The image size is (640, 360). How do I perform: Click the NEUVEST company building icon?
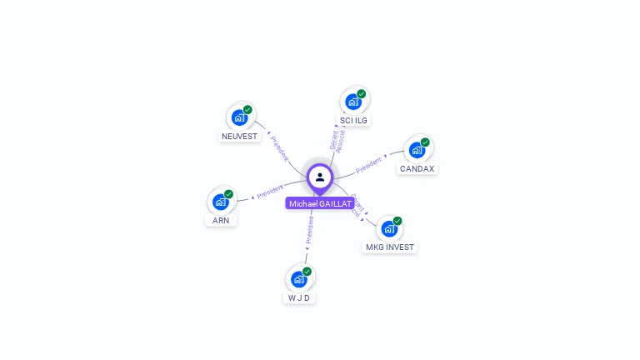(x=240, y=117)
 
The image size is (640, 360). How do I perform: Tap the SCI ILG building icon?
(x=353, y=102)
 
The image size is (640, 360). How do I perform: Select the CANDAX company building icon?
(x=417, y=150)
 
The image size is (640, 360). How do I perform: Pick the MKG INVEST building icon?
(x=388, y=228)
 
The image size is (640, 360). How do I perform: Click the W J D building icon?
(x=298, y=279)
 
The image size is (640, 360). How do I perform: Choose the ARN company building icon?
(x=221, y=202)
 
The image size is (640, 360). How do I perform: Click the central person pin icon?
(x=320, y=177)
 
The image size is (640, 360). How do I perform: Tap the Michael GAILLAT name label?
(x=320, y=203)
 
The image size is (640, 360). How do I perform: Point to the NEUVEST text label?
(x=240, y=136)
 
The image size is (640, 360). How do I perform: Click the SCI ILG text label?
(x=353, y=120)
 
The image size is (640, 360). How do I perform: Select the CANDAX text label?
(x=417, y=168)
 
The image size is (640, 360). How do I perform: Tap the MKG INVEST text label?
(x=389, y=247)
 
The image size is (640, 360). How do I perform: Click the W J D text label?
(x=299, y=297)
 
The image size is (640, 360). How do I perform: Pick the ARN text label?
(x=221, y=221)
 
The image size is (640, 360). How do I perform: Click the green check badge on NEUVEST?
(x=247, y=110)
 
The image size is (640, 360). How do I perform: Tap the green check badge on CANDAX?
(x=425, y=142)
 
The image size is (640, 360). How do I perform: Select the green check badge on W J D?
(x=307, y=272)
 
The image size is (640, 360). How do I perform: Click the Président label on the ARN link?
(x=270, y=192)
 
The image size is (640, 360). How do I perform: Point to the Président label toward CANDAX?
(x=369, y=164)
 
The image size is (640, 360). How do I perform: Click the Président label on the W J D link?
(x=310, y=229)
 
